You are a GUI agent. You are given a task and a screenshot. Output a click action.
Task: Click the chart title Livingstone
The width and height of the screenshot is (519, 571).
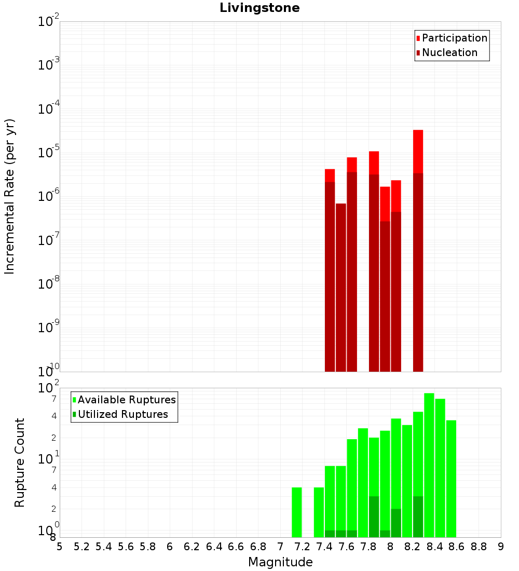[259, 8]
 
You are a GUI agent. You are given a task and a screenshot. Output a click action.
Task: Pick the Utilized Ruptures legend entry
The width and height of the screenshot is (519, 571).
[122, 414]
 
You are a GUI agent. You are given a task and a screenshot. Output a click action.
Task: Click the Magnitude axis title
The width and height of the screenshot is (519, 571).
[280, 562]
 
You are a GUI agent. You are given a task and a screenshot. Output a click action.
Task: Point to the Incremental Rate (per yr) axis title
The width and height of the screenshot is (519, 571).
[10, 197]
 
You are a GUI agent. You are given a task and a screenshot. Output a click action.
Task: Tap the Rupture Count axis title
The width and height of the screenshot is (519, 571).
[20, 463]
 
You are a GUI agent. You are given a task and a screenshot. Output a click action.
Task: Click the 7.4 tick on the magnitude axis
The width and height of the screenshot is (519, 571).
[324, 546]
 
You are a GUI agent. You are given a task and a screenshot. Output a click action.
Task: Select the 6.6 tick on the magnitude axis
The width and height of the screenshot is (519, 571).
[236, 546]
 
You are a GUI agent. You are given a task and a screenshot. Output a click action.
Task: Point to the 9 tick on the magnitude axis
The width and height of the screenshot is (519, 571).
[501, 546]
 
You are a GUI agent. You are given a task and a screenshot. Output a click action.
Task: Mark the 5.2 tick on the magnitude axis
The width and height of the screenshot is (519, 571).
[81, 546]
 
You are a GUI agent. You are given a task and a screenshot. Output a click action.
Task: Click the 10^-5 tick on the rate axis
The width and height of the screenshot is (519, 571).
[49, 153]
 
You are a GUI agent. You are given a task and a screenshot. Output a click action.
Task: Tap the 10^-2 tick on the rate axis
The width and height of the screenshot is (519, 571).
[49, 22]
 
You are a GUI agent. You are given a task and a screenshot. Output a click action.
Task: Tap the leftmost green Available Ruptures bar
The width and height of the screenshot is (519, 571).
[297, 512]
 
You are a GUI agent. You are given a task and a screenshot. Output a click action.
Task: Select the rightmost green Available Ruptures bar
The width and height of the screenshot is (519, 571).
[451, 478]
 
